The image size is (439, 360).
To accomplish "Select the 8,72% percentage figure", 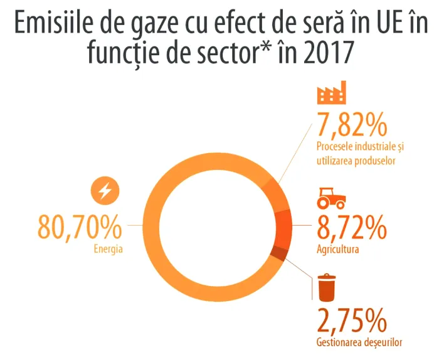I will coord(351,230).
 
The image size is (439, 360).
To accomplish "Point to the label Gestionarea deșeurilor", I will coord(357,342).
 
